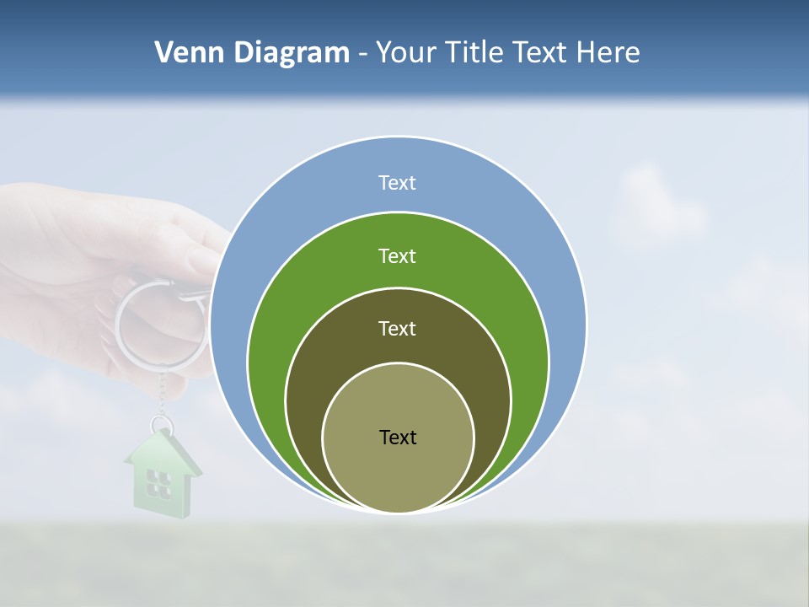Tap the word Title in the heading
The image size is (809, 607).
(478, 53)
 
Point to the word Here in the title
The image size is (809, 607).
(608, 53)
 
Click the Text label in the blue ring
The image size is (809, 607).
(397, 183)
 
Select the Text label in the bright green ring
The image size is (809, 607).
(397, 255)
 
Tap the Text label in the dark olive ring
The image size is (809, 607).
(397, 328)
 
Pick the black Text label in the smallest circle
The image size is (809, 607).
(398, 437)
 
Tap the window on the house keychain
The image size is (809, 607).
(158, 483)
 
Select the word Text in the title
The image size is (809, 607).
(540, 53)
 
